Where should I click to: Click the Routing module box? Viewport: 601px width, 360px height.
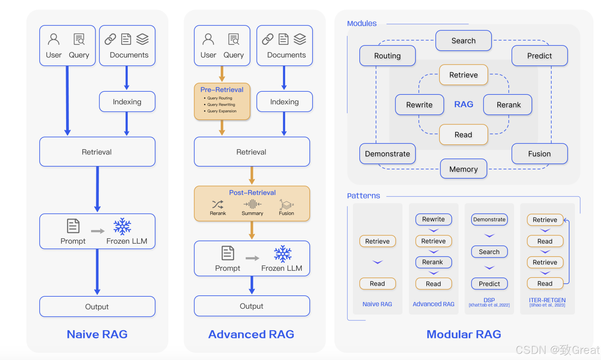coord(387,56)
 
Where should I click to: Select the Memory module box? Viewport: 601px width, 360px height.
coord(463,169)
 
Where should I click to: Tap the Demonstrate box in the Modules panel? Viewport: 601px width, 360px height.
coord(387,154)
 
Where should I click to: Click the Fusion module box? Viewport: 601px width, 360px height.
coord(539,154)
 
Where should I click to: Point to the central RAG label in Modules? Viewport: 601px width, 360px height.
coord(464,104)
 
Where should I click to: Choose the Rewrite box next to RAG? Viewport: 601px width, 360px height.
coord(419,105)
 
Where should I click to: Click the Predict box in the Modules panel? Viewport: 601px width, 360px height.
coord(539,56)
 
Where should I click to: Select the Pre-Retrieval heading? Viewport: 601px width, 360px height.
coord(222,90)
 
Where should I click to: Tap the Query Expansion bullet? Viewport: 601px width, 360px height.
coord(222,111)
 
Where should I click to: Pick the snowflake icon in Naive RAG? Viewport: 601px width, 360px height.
coord(122,227)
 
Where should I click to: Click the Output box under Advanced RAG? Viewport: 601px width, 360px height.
coord(252,306)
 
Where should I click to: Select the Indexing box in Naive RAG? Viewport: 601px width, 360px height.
coord(127,102)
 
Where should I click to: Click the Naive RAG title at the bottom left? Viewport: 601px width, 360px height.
coord(97,334)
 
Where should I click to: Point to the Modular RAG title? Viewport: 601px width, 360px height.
coord(464,334)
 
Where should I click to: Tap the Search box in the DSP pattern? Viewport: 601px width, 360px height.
coord(489,252)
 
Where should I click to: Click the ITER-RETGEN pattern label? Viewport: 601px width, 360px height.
coord(547,300)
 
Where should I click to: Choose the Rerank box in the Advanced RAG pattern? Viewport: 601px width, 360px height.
coord(433,262)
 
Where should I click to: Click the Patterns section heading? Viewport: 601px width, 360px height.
coord(363,196)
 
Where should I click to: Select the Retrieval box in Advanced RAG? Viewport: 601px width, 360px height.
coord(252,152)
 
